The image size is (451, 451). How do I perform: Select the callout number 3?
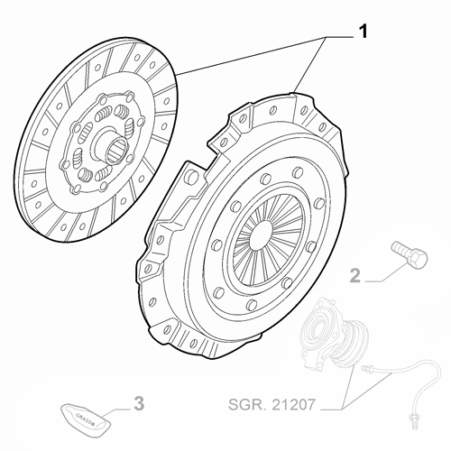[138, 402]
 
